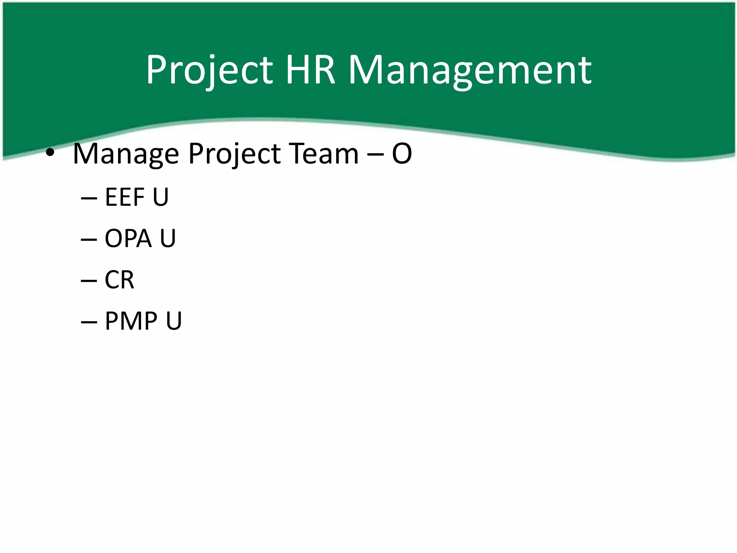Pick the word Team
(x=324, y=154)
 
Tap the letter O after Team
(x=402, y=154)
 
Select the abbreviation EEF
(x=125, y=197)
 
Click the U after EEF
(x=160, y=197)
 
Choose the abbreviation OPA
(x=128, y=238)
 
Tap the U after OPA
(x=168, y=238)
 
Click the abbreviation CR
(x=119, y=280)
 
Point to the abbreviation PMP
(x=131, y=321)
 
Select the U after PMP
(x=174, y=321)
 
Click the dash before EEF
(x=89, y=198)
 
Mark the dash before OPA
(x=89, y=239)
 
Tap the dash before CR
(x=89, y=281)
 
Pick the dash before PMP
(x=89, y=322)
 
